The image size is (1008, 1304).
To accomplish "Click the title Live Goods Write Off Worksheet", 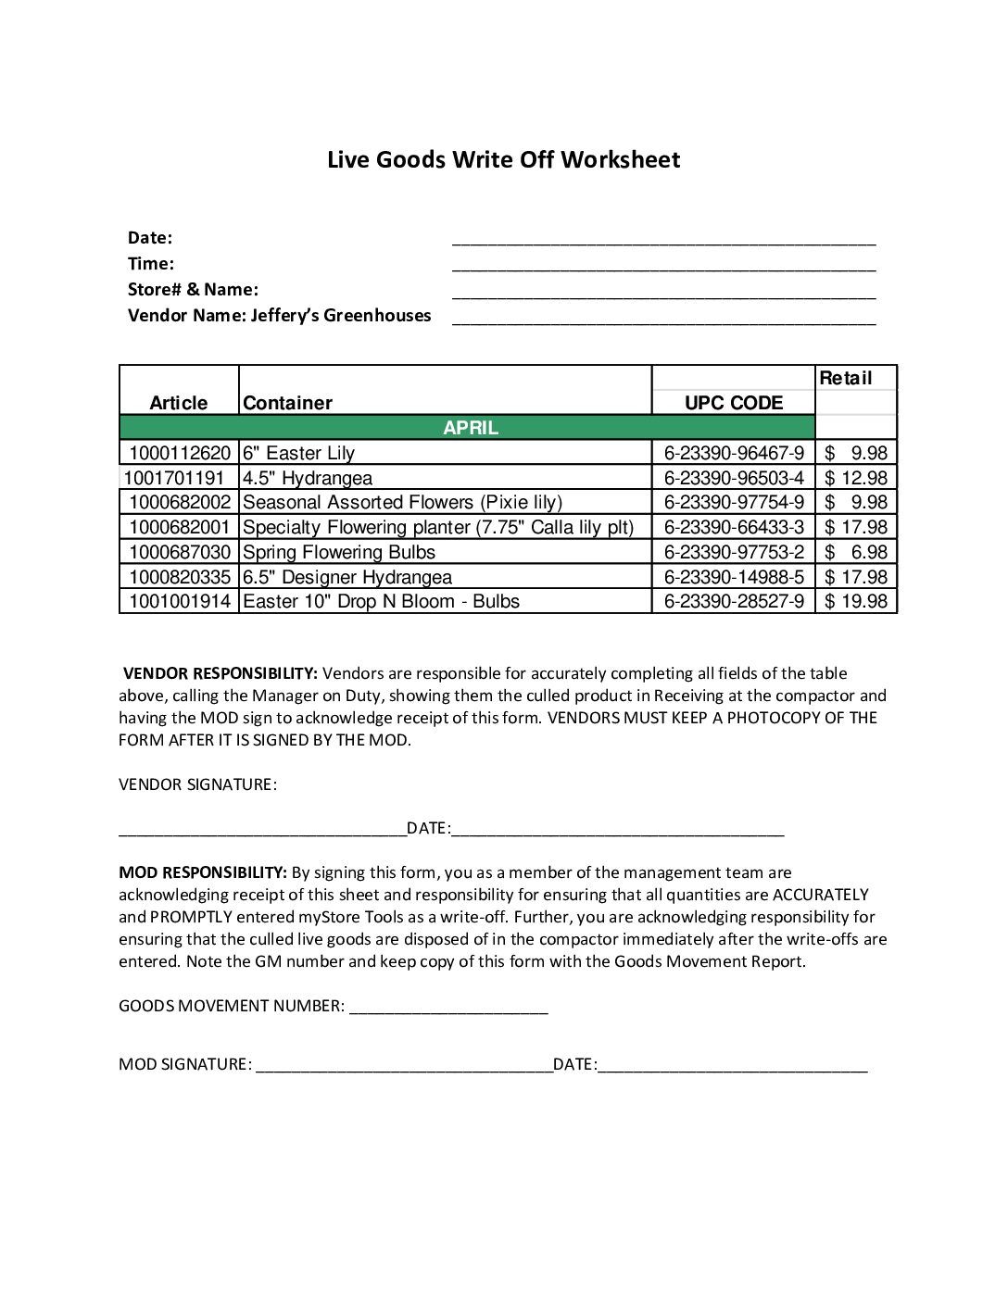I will pos(503,159).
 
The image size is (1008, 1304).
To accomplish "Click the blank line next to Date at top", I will pos(663,242).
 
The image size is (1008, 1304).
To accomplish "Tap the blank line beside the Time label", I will pos(663,268).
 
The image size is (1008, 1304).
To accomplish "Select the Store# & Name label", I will pos(193,289).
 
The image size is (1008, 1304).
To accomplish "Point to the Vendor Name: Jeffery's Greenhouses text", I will pos(279,315).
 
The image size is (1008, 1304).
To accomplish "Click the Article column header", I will pos(179,403).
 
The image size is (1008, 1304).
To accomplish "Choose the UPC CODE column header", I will pos(733,403).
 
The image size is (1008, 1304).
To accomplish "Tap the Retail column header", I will pos(845,378).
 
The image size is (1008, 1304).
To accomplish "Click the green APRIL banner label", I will pos(471,428).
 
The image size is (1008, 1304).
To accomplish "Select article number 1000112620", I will pos(180,453).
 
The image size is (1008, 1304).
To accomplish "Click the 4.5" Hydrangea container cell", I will pos(308,478).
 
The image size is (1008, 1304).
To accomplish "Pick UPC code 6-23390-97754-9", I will pos(734,502).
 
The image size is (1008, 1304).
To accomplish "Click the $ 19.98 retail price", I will pos(856,601).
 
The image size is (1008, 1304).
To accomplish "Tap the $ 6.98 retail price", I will pos(856,552).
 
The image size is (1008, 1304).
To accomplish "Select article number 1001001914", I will pos(180,601).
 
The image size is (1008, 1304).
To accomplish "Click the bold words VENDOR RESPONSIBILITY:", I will pos(220,673).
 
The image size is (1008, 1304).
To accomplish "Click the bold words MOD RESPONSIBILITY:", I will pos(203,872).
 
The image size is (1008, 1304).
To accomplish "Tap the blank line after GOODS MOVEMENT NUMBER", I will pos(448,1010).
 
